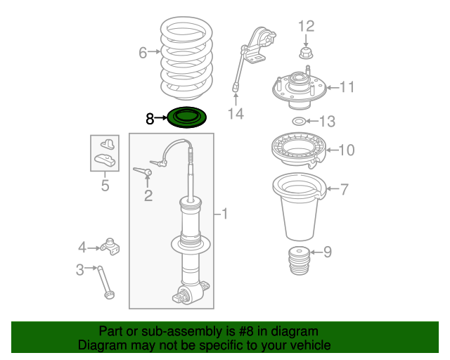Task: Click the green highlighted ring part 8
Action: point(187,117)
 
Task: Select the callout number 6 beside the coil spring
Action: point(143,53)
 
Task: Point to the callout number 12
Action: point(306,27)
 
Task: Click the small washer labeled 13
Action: point(298,122)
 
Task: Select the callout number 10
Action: point(347,150)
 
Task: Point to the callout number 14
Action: point(236,113)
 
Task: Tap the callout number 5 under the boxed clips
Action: point(105,186)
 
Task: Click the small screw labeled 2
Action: point(144,171)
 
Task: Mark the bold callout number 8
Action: point(150,119)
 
